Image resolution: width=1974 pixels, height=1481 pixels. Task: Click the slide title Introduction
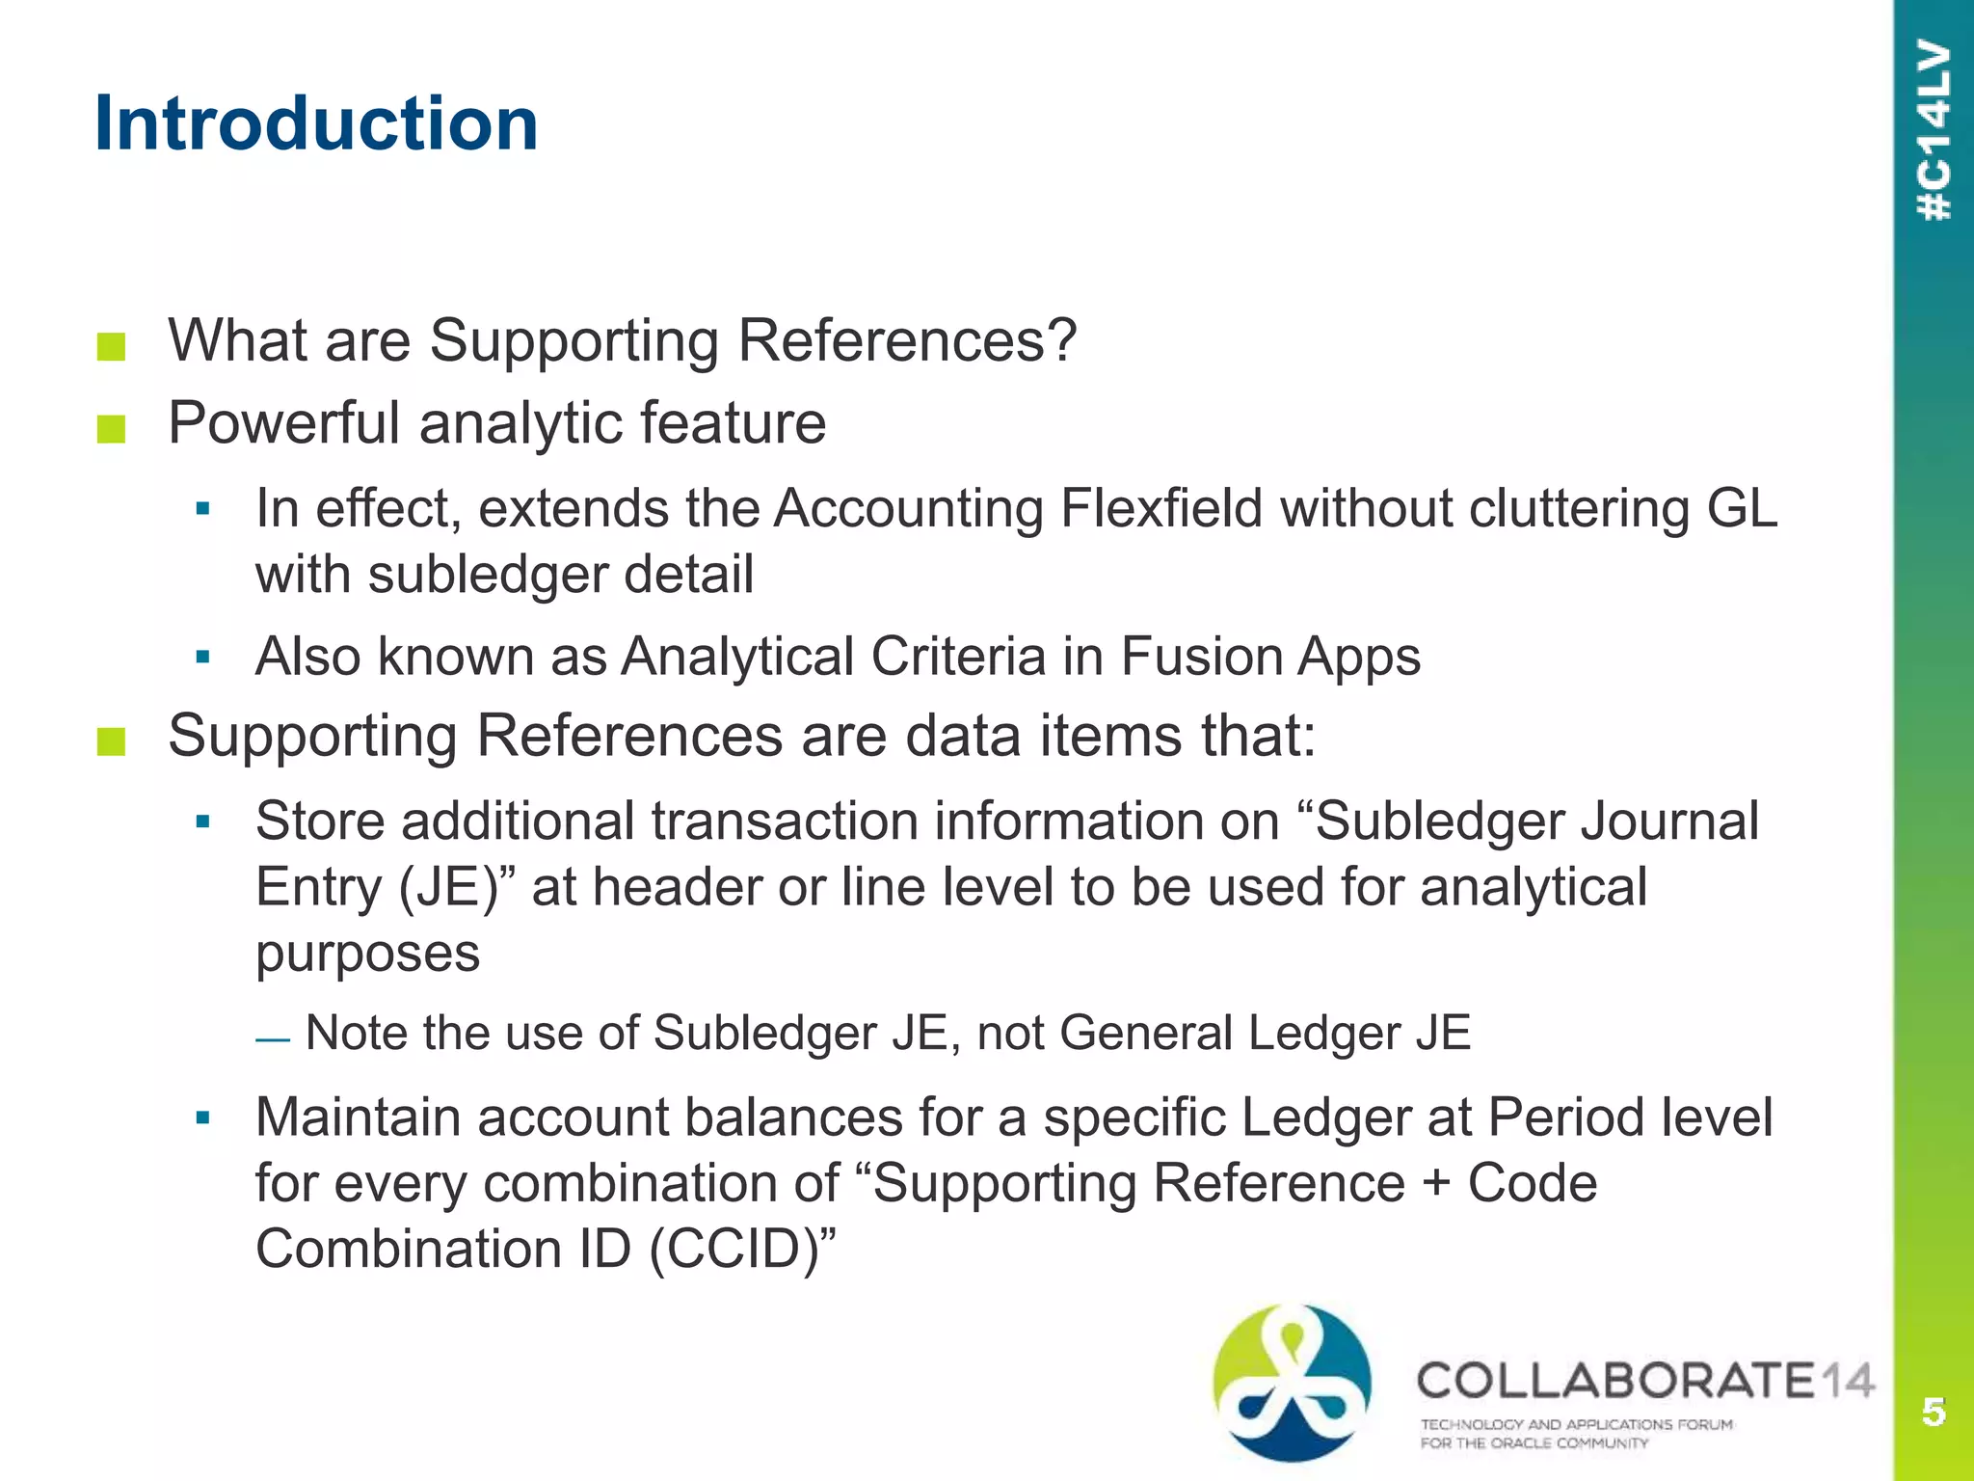[x=316, y=123]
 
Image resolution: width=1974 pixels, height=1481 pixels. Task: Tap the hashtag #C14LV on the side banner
[x=1934, y=130]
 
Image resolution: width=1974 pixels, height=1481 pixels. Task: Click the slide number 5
[x=1934, y=1412]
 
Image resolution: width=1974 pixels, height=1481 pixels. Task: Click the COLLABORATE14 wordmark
[x=1644, y=1381]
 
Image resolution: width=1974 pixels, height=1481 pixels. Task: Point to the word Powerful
[x=283, y=422]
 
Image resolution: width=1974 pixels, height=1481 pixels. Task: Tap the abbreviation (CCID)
[x=741, y=1249]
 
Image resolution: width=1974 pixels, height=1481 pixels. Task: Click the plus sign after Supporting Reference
[x=1435, y=1183]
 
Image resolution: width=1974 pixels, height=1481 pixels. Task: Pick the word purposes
[x=367, y=953]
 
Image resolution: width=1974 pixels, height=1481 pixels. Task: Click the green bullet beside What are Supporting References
[x=112, y=346]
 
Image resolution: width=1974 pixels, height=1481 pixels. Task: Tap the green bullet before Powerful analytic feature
[x=112, y=429]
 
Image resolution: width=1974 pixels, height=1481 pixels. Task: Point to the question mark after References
[x=1059, y=339]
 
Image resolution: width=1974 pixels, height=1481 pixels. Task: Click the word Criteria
[x=958, y=657]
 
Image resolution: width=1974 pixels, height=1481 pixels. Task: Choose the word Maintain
[x=357, y=1117]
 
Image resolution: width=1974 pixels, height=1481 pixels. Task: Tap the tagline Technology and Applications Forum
[x=1576, y=1424]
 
